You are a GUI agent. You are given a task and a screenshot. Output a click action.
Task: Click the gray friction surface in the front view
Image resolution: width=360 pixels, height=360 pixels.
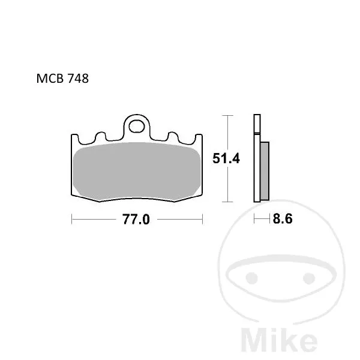[137, 171]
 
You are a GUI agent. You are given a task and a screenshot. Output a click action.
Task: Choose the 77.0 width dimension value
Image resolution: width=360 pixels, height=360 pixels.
[136, 220]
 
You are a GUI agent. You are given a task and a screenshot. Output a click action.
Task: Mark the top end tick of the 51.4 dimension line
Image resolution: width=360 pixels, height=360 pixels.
[227, 115]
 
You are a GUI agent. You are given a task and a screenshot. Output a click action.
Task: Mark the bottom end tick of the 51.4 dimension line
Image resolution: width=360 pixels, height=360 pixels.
[227, 202]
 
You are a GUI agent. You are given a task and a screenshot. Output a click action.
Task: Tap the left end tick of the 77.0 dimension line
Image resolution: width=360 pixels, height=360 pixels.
[71, 220]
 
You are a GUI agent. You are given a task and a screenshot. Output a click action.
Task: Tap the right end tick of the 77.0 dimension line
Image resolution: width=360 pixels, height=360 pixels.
[202, 220]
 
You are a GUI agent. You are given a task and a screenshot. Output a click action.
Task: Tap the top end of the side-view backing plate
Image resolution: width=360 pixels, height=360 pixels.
[257, 116]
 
